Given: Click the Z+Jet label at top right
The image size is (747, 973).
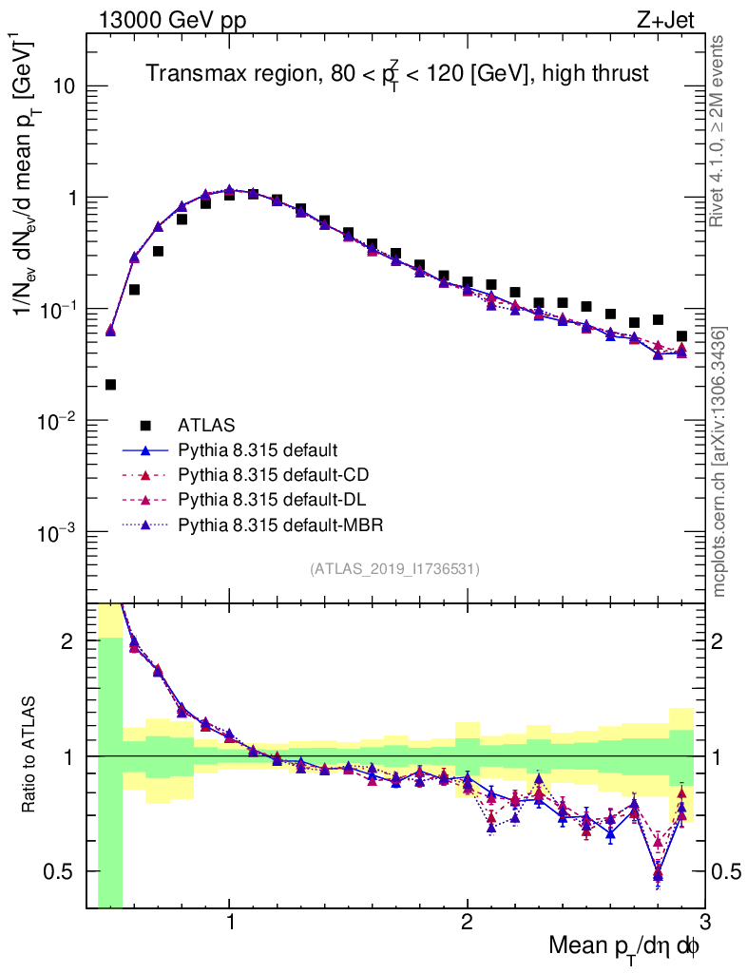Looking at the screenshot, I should pos(676,18).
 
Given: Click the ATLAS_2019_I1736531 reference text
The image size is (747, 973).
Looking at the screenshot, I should pos(394,569).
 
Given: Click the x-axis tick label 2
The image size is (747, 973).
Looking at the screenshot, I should pos(467,922).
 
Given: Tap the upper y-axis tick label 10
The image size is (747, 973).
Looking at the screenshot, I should pos(63,86).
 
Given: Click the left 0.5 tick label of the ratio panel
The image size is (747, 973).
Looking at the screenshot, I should pos(64,871).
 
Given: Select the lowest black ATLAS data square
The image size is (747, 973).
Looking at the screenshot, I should pos(110,385).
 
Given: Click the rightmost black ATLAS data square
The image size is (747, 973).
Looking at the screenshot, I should pos(681,335).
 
